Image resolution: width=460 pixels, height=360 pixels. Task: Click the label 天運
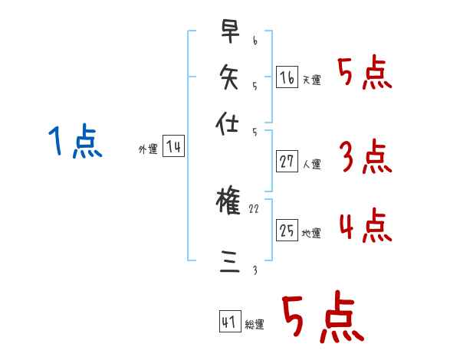311,80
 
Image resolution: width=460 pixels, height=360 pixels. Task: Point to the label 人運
311,164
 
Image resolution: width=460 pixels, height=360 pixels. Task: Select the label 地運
311,233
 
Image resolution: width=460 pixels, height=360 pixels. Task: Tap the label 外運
148,150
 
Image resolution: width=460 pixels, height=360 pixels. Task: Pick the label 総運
255,325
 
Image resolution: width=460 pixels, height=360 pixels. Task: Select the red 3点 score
365,157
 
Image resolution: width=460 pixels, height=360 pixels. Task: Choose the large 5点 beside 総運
323,319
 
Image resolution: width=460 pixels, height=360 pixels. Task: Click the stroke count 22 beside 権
255,208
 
